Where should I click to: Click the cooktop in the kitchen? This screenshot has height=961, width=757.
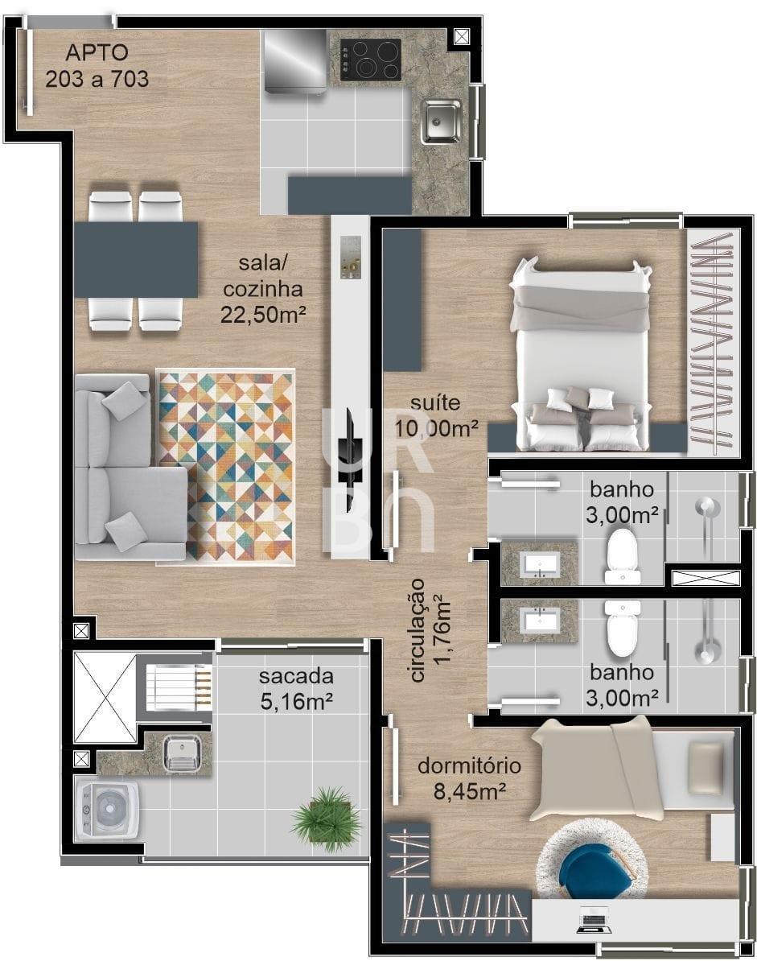371,59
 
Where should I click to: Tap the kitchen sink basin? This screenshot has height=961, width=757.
441,121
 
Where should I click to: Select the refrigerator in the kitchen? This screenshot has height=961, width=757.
295,62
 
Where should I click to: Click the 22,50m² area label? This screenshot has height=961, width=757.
263,315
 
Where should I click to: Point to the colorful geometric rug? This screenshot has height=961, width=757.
226,466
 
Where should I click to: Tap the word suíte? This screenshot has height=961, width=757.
435,402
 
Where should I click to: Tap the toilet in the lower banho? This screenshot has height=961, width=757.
623,628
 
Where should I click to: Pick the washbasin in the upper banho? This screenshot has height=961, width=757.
540,564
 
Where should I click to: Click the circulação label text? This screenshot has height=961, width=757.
417,630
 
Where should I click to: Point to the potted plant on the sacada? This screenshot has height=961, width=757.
326,819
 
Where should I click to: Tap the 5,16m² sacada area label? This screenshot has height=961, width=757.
296,701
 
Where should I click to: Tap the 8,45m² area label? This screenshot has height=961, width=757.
470,792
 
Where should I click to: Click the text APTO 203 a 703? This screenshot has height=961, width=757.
97,65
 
